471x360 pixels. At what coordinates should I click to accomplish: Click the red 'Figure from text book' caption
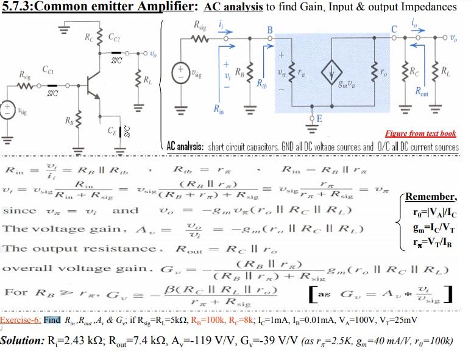420,133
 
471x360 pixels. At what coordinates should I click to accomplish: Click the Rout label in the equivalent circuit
420,93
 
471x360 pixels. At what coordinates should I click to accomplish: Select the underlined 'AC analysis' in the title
233,7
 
